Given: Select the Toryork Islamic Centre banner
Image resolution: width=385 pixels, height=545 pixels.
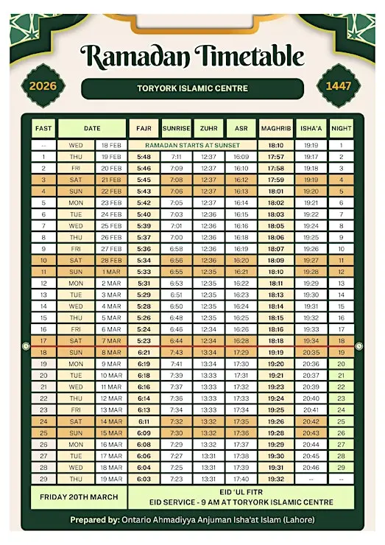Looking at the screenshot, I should click(192, 88).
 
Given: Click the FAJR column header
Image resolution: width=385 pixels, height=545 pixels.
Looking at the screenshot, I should click(144, 128).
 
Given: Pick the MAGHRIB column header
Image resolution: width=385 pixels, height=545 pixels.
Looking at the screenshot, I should click(276, 128).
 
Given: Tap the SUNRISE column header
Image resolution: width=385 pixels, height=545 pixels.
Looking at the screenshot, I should click(176, 128).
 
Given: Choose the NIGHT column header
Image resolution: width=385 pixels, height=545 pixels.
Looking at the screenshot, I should click(341, 128).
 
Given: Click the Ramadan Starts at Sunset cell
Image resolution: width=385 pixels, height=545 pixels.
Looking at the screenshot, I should click(192, 146).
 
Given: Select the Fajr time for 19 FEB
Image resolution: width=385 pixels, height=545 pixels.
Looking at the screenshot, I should click(144, 157).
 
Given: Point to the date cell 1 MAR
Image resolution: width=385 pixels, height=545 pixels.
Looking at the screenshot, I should click(111, 272).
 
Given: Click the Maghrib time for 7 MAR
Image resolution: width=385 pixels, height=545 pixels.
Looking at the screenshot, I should click(276, 341).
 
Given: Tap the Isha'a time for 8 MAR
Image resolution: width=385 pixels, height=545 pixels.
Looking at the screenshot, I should click(311, 353).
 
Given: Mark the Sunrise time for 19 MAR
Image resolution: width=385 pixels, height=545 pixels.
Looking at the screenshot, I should click(176, 479).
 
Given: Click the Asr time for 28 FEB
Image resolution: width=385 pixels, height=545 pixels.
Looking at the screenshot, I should click(241, 261).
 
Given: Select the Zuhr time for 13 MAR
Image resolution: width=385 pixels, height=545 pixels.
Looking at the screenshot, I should click(208, 410).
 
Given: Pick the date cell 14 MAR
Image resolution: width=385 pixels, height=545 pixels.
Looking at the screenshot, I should click(111, 421).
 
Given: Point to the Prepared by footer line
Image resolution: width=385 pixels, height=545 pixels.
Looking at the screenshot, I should click(192, 520).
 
